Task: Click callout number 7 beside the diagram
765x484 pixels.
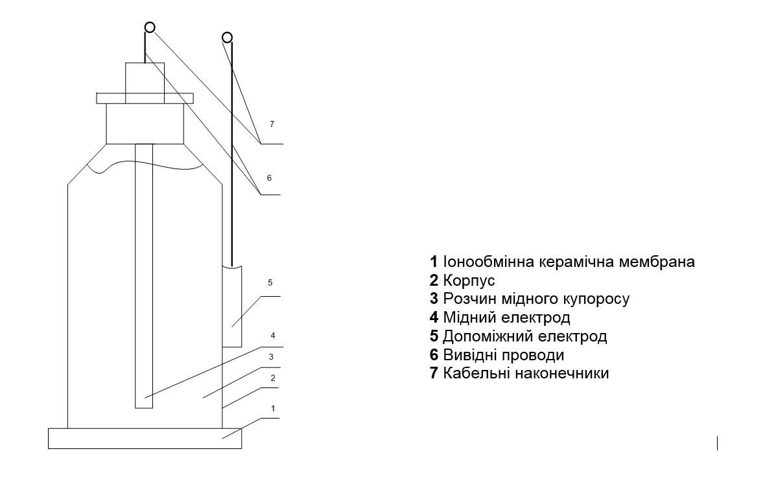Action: (272, 124)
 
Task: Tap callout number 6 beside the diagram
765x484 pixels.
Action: (269, 178)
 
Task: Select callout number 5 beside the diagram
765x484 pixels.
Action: (270, 282)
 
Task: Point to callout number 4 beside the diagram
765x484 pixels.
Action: (273, 336)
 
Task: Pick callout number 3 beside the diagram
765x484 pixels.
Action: (271, 357)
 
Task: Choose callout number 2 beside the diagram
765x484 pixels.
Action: (273, 378)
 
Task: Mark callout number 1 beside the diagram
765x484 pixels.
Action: (273, 408)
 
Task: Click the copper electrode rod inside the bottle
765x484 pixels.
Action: (144, 276)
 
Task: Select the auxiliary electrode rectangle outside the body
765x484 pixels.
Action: (232, 306)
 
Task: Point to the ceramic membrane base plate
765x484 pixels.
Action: (145, 438)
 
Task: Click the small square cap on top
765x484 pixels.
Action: (145, 83)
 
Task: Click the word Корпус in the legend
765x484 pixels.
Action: (469, 281)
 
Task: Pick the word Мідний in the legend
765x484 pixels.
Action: (469, 317)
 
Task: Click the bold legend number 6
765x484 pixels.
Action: (434, 355)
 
